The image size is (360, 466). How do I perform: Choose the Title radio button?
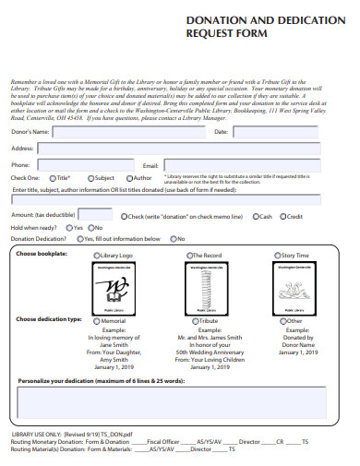(54, 177)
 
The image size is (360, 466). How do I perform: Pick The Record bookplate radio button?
(188, 255)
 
